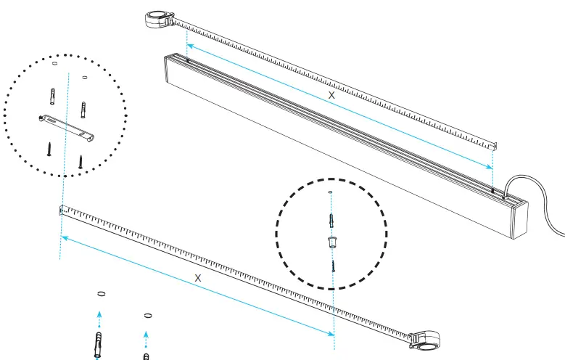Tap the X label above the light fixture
coord(332,95)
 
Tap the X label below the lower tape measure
coord(198,278)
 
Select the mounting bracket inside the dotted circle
coord(66,125)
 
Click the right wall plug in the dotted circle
coord(83,110)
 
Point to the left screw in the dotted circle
coord(49,148)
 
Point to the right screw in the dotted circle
coord(82,160)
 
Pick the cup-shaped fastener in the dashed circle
coord(332,241)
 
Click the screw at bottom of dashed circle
coord(333,263)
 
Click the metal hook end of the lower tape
coord(62,210)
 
